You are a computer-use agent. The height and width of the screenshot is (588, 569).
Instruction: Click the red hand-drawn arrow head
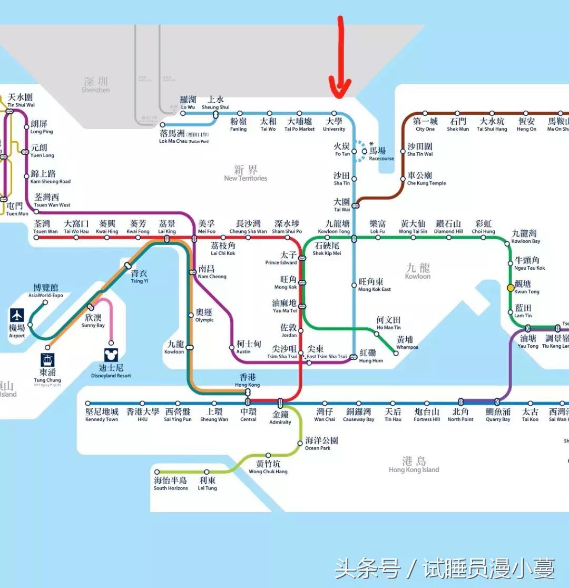[x=340, y=90]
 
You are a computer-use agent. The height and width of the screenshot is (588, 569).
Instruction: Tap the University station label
[x=334, y=124]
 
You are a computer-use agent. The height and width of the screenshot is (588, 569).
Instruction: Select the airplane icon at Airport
[x=17, y=316]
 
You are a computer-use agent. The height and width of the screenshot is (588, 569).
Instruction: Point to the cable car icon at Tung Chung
[x=47, y=360]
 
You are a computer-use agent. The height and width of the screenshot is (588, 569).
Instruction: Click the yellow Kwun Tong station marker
[x=510, y=288]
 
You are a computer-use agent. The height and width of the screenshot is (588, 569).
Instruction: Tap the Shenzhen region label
[x=96, y=84]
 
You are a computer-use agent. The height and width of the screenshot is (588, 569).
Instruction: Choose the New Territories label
[x=246, y=173]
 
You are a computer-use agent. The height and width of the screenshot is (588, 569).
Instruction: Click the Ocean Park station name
[x=321, y=443]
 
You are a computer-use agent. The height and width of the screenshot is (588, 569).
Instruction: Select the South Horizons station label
[x=171, y=484]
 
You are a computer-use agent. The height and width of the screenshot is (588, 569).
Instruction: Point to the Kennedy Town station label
[x=102, y=415]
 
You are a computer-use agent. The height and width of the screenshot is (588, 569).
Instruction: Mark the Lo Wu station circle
[x=184, y=113]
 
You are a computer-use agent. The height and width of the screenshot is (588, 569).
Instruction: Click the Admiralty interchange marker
[x=280, y=403]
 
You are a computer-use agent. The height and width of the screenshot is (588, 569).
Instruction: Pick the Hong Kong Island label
[x=414, y=465]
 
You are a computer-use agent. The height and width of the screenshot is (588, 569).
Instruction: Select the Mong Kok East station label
[x=375, y=285]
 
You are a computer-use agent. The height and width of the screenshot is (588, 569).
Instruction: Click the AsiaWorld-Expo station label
[x=46, y=291]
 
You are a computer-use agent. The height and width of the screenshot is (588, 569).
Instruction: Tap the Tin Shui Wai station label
[x=21, y=101]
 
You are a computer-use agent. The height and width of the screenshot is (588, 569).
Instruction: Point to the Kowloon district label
[x=418, y=271]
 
